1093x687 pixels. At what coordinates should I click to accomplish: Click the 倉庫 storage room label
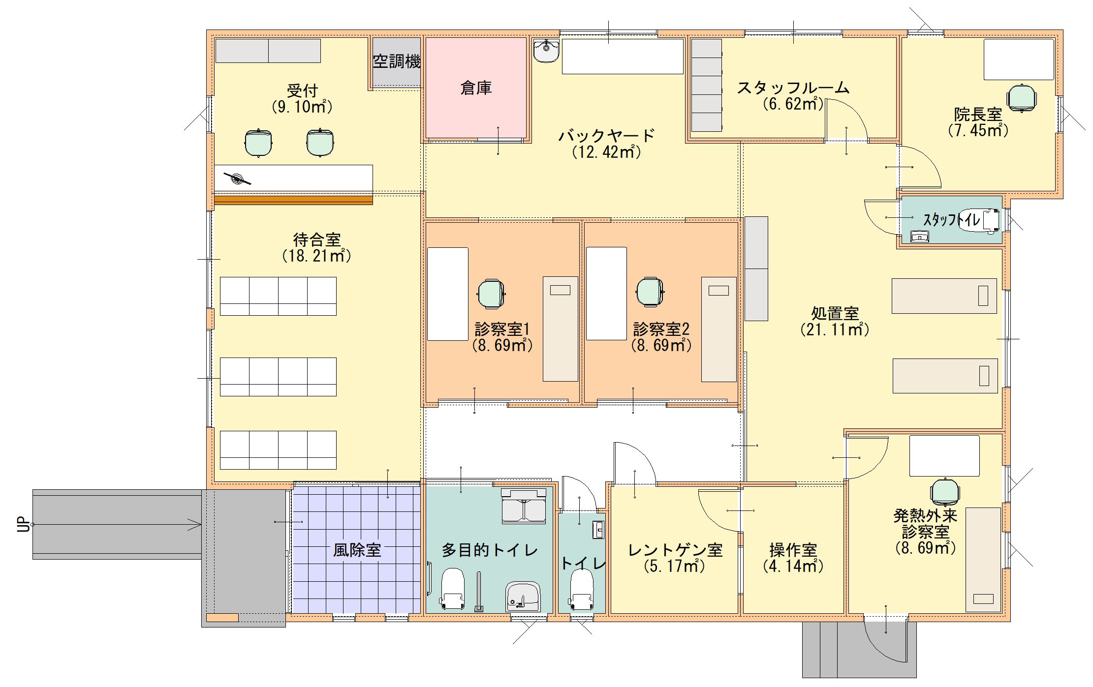476,88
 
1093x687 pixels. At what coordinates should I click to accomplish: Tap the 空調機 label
397,61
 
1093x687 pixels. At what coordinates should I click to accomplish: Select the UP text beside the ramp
23,524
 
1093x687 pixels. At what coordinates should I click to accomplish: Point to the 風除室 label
357,550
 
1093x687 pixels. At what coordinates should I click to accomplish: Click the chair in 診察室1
491,294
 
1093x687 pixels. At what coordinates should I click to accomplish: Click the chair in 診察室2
650,292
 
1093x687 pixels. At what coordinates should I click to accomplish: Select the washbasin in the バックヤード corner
546,51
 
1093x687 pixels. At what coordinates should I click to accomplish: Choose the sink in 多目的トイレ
523,597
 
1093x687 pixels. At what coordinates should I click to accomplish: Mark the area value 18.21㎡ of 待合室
316,256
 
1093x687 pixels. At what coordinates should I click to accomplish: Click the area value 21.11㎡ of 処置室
835,329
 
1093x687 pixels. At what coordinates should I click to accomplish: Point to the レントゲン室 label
675,550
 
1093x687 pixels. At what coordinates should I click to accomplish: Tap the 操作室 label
793,550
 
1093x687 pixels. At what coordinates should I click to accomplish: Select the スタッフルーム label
793,88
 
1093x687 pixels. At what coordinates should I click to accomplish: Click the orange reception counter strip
293,200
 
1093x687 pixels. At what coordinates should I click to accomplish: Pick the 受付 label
302,91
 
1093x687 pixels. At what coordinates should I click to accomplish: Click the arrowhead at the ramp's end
196,525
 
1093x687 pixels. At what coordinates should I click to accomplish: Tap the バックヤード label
607,135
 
